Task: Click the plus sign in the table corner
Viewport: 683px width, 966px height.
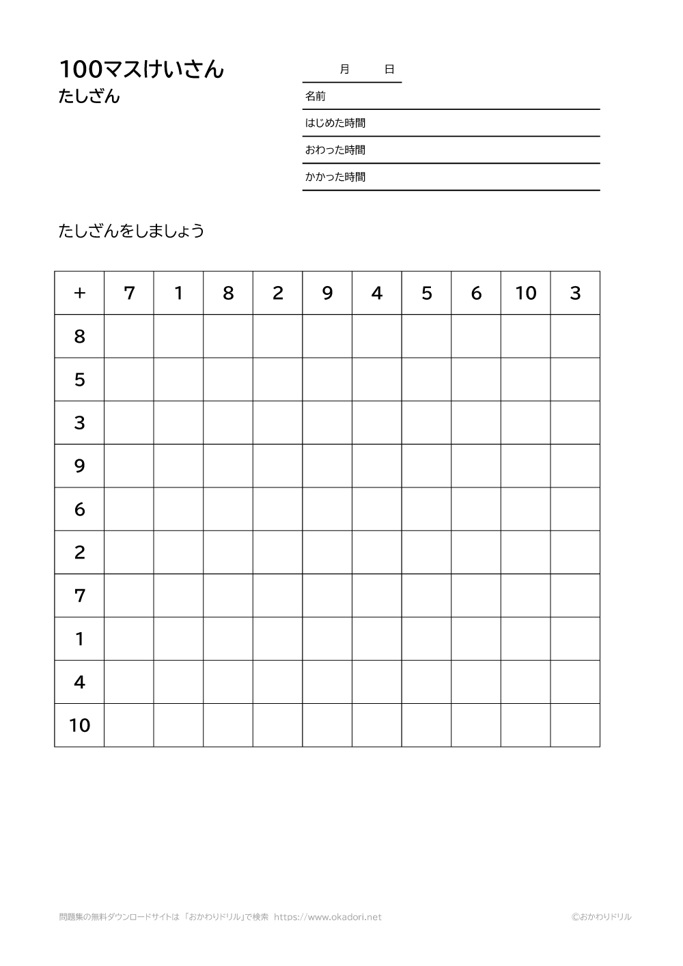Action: pyautogui.click(x=79, y=293)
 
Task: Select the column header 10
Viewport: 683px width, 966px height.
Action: pyautogui.click(x=526, y=293)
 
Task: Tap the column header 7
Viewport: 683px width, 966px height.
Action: pyautogui.click(x=129, y=293)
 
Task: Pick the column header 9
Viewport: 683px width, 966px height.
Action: pyautogui.click(x=327, y=293)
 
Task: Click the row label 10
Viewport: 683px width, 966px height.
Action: pyautogui.click(x=79, y=725)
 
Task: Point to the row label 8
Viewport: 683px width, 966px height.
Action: pyautogui.click(x=79, y=336)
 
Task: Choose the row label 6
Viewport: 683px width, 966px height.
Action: pyautogui.click(x=79, y=509)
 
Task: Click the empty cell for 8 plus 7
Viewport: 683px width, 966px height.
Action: pyautogui.click(x=129, y=336)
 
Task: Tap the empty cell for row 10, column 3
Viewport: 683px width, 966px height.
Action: pyautogui.click(x=575, y=725)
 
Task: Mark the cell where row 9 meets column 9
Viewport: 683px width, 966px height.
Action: pyautogui.click(x=327, y=466)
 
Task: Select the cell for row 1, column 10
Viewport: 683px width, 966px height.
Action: pyautogui.click(x=526, y=638)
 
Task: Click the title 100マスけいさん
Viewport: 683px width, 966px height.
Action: pyautogui.click(x=141, y=69)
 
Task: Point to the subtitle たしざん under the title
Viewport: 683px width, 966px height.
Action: pyautogui.click(x=89, y=97)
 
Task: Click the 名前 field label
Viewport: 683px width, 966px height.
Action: pyautogui.click(x=315, y=96)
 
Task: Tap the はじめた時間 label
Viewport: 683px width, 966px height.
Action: pyautogui.click(x=335, y=123)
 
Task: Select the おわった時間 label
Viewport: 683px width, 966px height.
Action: pyautogui.click(x=335, y=150)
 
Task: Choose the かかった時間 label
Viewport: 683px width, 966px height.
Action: pyautogui.click(x=335, y=177)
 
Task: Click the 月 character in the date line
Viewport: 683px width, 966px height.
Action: pyautogui.click(x=344, y=69)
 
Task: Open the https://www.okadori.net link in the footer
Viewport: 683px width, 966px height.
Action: pyautogui.click(x=328, y=917)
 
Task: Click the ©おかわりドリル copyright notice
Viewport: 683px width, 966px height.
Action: pyautogui.click(x=602, y=917)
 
